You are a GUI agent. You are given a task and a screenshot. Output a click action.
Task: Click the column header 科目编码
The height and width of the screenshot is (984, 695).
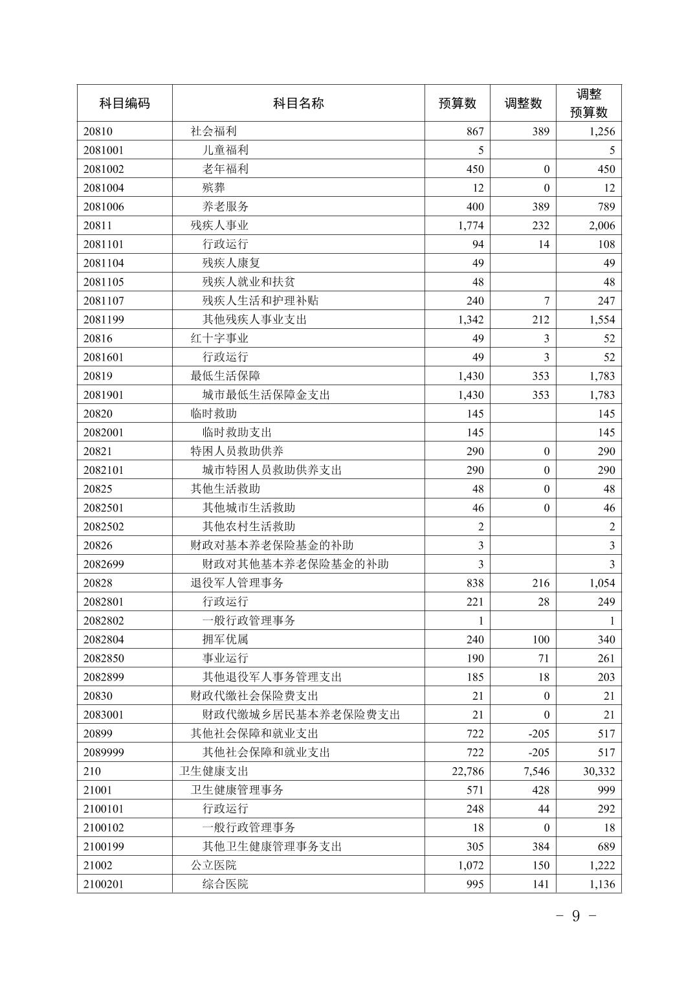124,103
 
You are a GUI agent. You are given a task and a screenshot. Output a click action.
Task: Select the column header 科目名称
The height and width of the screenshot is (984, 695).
298,103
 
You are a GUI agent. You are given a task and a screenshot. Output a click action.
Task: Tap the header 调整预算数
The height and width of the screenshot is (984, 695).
588,103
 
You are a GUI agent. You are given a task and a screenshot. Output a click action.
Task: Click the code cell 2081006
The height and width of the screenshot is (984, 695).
104,207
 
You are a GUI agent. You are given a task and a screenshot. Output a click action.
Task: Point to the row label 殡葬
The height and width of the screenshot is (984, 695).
214,188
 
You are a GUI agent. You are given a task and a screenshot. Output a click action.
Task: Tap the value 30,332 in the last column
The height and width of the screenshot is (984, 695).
598,771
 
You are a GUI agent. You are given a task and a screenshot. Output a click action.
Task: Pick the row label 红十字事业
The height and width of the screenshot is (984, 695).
219,338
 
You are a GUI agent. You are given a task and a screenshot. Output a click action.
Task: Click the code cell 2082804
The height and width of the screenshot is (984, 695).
104,639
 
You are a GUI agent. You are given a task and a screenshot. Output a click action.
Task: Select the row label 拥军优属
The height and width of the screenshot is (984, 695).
225,639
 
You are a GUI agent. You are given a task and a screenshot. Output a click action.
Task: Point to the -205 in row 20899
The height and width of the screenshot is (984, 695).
538,733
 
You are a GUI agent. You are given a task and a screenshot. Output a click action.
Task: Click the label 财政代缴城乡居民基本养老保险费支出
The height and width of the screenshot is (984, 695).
301,715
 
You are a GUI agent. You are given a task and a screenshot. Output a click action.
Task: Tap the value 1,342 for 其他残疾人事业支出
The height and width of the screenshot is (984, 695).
470,319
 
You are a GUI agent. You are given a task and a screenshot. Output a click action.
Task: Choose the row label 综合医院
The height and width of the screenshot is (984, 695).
225,884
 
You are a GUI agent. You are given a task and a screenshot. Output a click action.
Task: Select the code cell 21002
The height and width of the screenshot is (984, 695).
98,865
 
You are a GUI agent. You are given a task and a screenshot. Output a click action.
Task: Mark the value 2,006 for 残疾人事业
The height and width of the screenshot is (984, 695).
602,225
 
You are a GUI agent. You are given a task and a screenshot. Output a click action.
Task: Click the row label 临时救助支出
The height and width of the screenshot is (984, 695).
237,432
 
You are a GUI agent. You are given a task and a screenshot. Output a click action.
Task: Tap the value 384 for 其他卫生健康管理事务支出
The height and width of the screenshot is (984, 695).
540,846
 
